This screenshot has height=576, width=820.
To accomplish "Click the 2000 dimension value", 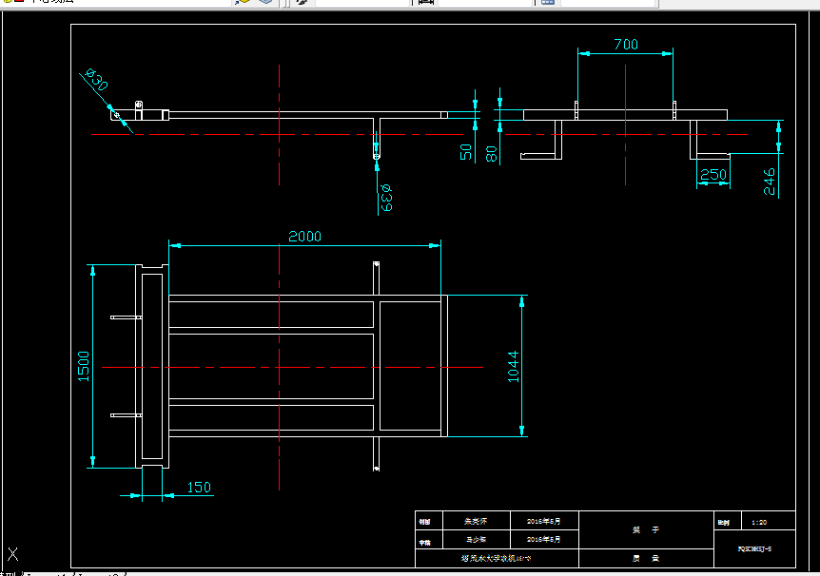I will (x=305, y=236).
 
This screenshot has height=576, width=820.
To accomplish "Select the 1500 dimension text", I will (x=83, y=367).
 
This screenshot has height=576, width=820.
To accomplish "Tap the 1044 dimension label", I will (x=513, y=367).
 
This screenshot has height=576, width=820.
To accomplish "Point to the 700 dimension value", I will (x=626, y=44).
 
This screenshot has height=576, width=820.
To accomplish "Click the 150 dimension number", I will (x=198, y=488).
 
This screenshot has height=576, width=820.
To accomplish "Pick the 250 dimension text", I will (x=713, y=174).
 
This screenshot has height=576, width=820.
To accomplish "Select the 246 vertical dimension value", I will (x=770, y=182).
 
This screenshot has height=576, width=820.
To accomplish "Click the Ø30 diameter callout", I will (x=97, y=82).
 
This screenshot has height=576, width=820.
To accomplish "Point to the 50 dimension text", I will (x=466, y=152).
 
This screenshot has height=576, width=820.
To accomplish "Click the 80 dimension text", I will (x=492, y=152).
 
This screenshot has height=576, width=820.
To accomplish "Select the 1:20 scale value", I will (x=759, y=522).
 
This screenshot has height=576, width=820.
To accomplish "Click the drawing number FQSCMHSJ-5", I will (x=754, y=549).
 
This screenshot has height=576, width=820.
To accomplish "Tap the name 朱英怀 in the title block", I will (x=474, y=522).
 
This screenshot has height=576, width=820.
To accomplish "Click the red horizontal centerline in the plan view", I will (x=285, y=367).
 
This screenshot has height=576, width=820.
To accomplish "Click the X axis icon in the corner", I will (x=12, y=554).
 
